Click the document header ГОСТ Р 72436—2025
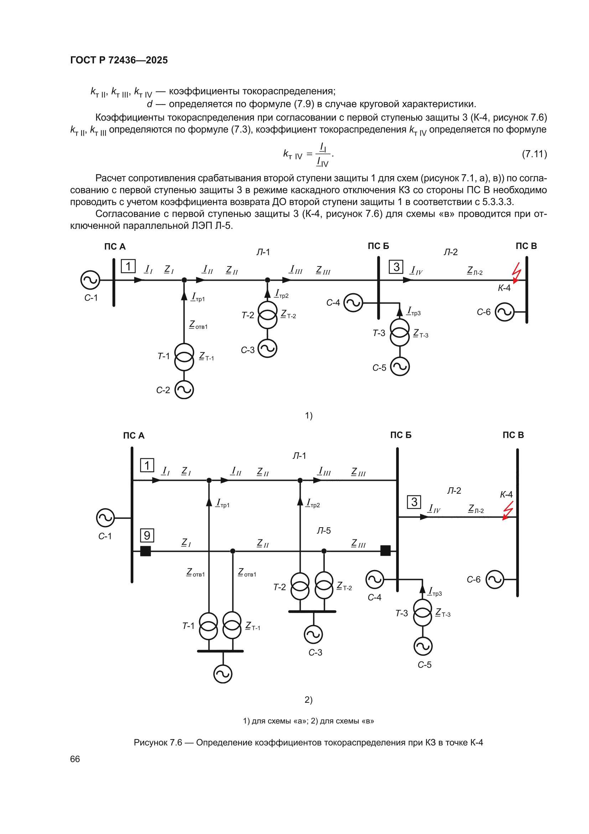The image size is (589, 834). [119, 60]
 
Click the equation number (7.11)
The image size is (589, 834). [534, 154]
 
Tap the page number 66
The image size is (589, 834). [75, 759]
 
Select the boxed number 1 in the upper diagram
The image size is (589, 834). [128, 266]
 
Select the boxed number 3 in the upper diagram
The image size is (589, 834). [396, 267]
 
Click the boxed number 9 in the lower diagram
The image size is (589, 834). [147, 535]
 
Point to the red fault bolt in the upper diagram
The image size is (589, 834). [516, 273]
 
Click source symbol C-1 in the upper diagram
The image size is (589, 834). [90, 280]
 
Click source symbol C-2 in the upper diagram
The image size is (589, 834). [184, 390]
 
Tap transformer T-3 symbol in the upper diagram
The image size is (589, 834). [399, 332]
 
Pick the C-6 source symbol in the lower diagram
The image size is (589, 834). [495, 579]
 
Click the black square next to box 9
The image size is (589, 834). [145, 551]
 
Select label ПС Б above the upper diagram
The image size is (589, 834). [378, 246]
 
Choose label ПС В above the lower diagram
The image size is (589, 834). [513, 435]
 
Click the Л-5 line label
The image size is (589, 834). [324, 531]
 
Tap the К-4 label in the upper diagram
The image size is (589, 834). [504, 288]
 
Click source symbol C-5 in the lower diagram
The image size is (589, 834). [423, 646]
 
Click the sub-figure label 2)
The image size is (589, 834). [309, 700]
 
